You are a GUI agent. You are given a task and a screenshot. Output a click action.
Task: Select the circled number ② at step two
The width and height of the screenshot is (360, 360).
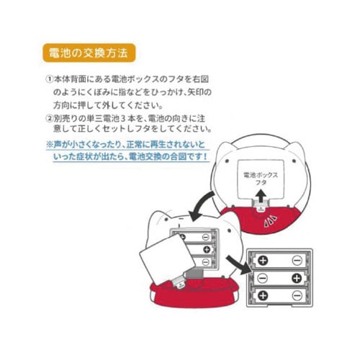(x=50, y=117)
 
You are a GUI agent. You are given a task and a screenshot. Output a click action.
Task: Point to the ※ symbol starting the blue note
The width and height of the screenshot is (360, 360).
(x=49, y=144)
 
